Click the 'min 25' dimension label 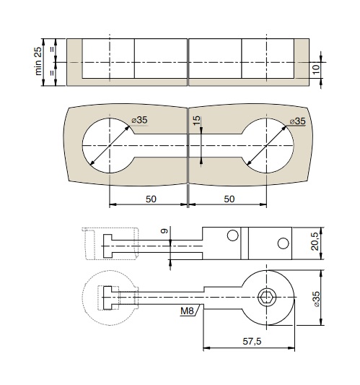38,61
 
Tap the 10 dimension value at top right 316,69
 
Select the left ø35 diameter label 139,120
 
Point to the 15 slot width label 197,121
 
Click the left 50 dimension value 151,199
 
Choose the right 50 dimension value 229,199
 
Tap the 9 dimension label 164,231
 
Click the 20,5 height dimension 315,241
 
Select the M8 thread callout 187,311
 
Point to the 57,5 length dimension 252,341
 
